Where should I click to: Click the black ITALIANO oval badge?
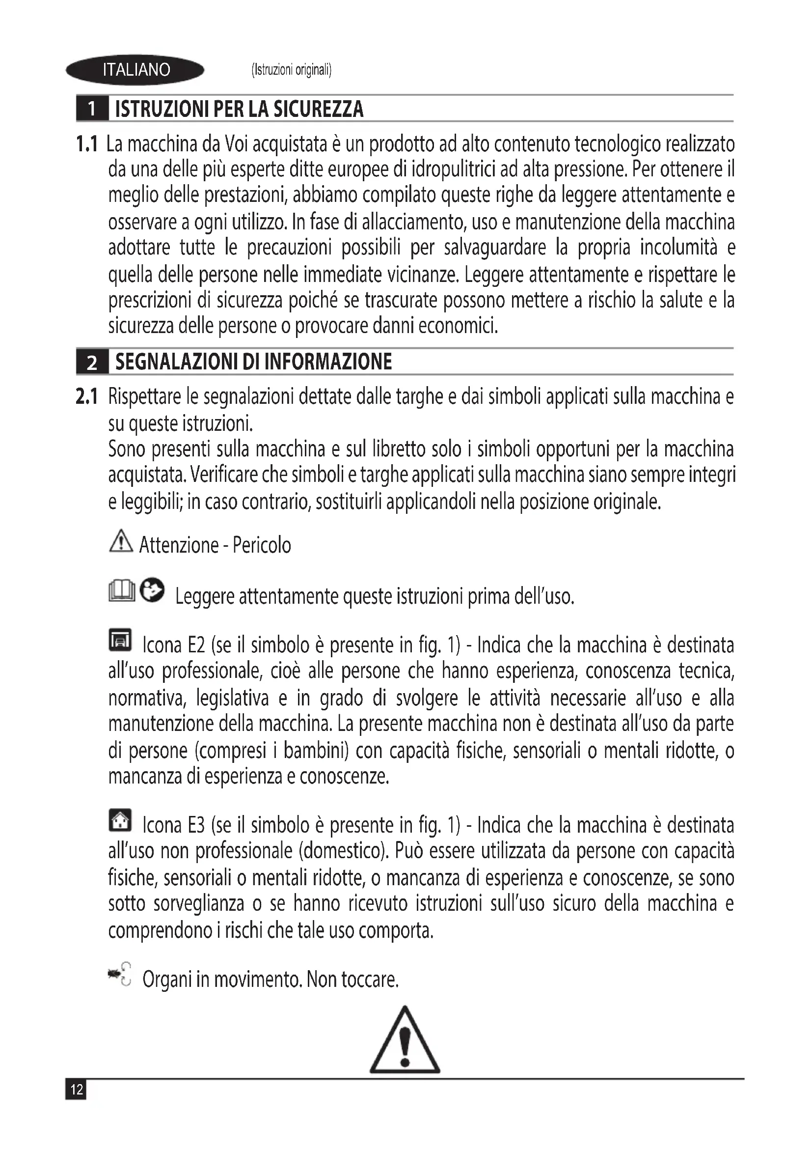click(135, 70)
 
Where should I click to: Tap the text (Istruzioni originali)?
click(292, 70)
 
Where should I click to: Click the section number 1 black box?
click(92, 109)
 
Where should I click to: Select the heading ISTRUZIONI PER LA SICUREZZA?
click(239, 109)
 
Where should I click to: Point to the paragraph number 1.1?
click(86, 144)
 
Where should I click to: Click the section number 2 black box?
click(92, 362)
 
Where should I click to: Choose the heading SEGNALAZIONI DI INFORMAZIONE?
click(253, 362)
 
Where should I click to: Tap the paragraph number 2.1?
click(86, 397)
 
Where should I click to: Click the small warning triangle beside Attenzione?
click(120, 541)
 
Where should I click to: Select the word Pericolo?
click(262, 545)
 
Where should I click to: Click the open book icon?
click(121, 591)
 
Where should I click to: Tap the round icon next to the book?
click(152, 590)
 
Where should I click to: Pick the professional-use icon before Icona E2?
click(120, 640)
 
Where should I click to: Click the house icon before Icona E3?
click(120, 821)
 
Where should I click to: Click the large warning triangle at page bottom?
click(405, 1041)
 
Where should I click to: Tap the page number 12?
click(76, 1090)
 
